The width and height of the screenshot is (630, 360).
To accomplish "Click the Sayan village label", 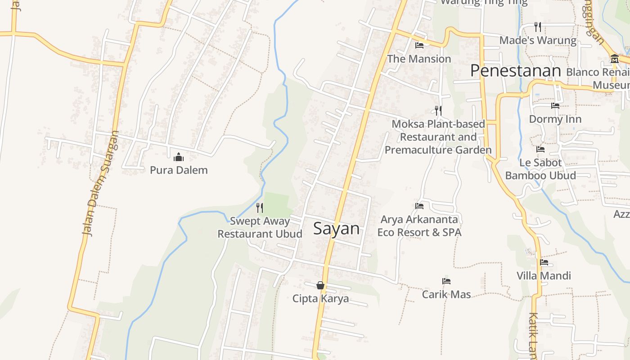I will point(337,229).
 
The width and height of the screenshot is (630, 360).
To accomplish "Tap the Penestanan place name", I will point(516,71).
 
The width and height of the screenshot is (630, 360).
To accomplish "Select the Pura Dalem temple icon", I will point(179,157).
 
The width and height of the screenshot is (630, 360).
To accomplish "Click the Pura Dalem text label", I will point(179,170).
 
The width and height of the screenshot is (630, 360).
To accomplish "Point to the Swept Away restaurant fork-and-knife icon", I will point(260,207).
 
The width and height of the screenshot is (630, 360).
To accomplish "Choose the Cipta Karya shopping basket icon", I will point(320,285).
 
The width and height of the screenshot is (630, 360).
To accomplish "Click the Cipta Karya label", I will point(320,298).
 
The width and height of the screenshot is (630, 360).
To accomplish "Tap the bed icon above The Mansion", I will point(419,45).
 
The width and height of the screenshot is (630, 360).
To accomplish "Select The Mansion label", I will point(419,58).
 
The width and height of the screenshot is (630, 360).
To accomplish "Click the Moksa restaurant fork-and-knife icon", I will point(438,110).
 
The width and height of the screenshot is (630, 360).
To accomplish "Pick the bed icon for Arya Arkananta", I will point(419,206).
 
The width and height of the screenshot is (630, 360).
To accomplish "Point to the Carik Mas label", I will point(446,294).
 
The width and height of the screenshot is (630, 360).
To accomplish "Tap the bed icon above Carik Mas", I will point(446,281).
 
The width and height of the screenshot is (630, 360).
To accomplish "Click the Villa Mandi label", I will point(544,275).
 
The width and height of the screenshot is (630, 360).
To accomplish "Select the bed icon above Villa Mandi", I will point(544,262).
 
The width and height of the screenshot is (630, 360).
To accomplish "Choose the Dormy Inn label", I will point(555,119).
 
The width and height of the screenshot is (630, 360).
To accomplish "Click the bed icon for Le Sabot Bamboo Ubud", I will point(540,149).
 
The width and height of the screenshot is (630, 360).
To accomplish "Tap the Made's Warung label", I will point(538,40).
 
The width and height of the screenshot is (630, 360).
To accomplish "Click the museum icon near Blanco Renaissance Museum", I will point(614,58).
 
